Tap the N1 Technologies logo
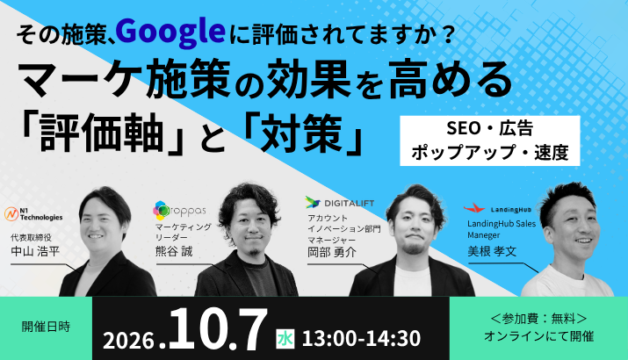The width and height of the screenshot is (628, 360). click(x=33, y=214)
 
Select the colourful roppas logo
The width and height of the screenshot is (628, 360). click(x=179, y=211)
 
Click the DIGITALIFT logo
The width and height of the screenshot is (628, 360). click(x=340, y=203)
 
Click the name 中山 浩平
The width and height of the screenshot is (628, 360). click(x=35, y=251)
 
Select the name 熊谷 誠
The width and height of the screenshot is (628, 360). click(x=174, y=251)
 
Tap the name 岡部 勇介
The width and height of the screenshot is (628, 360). click(x=332, y=252)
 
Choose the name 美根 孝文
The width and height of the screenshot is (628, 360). click(x=492, y=251)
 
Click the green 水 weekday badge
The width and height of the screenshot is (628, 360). click(x=285, y=339)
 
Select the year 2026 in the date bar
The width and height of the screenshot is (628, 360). click(x=128, y=341)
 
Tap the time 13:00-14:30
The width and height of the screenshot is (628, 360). click(x=361, y=339)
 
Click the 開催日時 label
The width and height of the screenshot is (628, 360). click(x=46, y=327)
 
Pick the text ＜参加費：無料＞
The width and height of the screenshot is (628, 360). click(x=538, y=319)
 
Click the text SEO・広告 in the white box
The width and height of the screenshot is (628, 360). click(x=489, y=128)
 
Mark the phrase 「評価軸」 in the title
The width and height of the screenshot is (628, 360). click(x=101, y=133)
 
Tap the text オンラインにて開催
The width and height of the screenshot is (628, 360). click(x=538, y=336)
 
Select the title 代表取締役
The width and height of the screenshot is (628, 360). click(x=32, y=237)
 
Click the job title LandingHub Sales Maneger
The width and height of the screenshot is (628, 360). click(x=502, y=229)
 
